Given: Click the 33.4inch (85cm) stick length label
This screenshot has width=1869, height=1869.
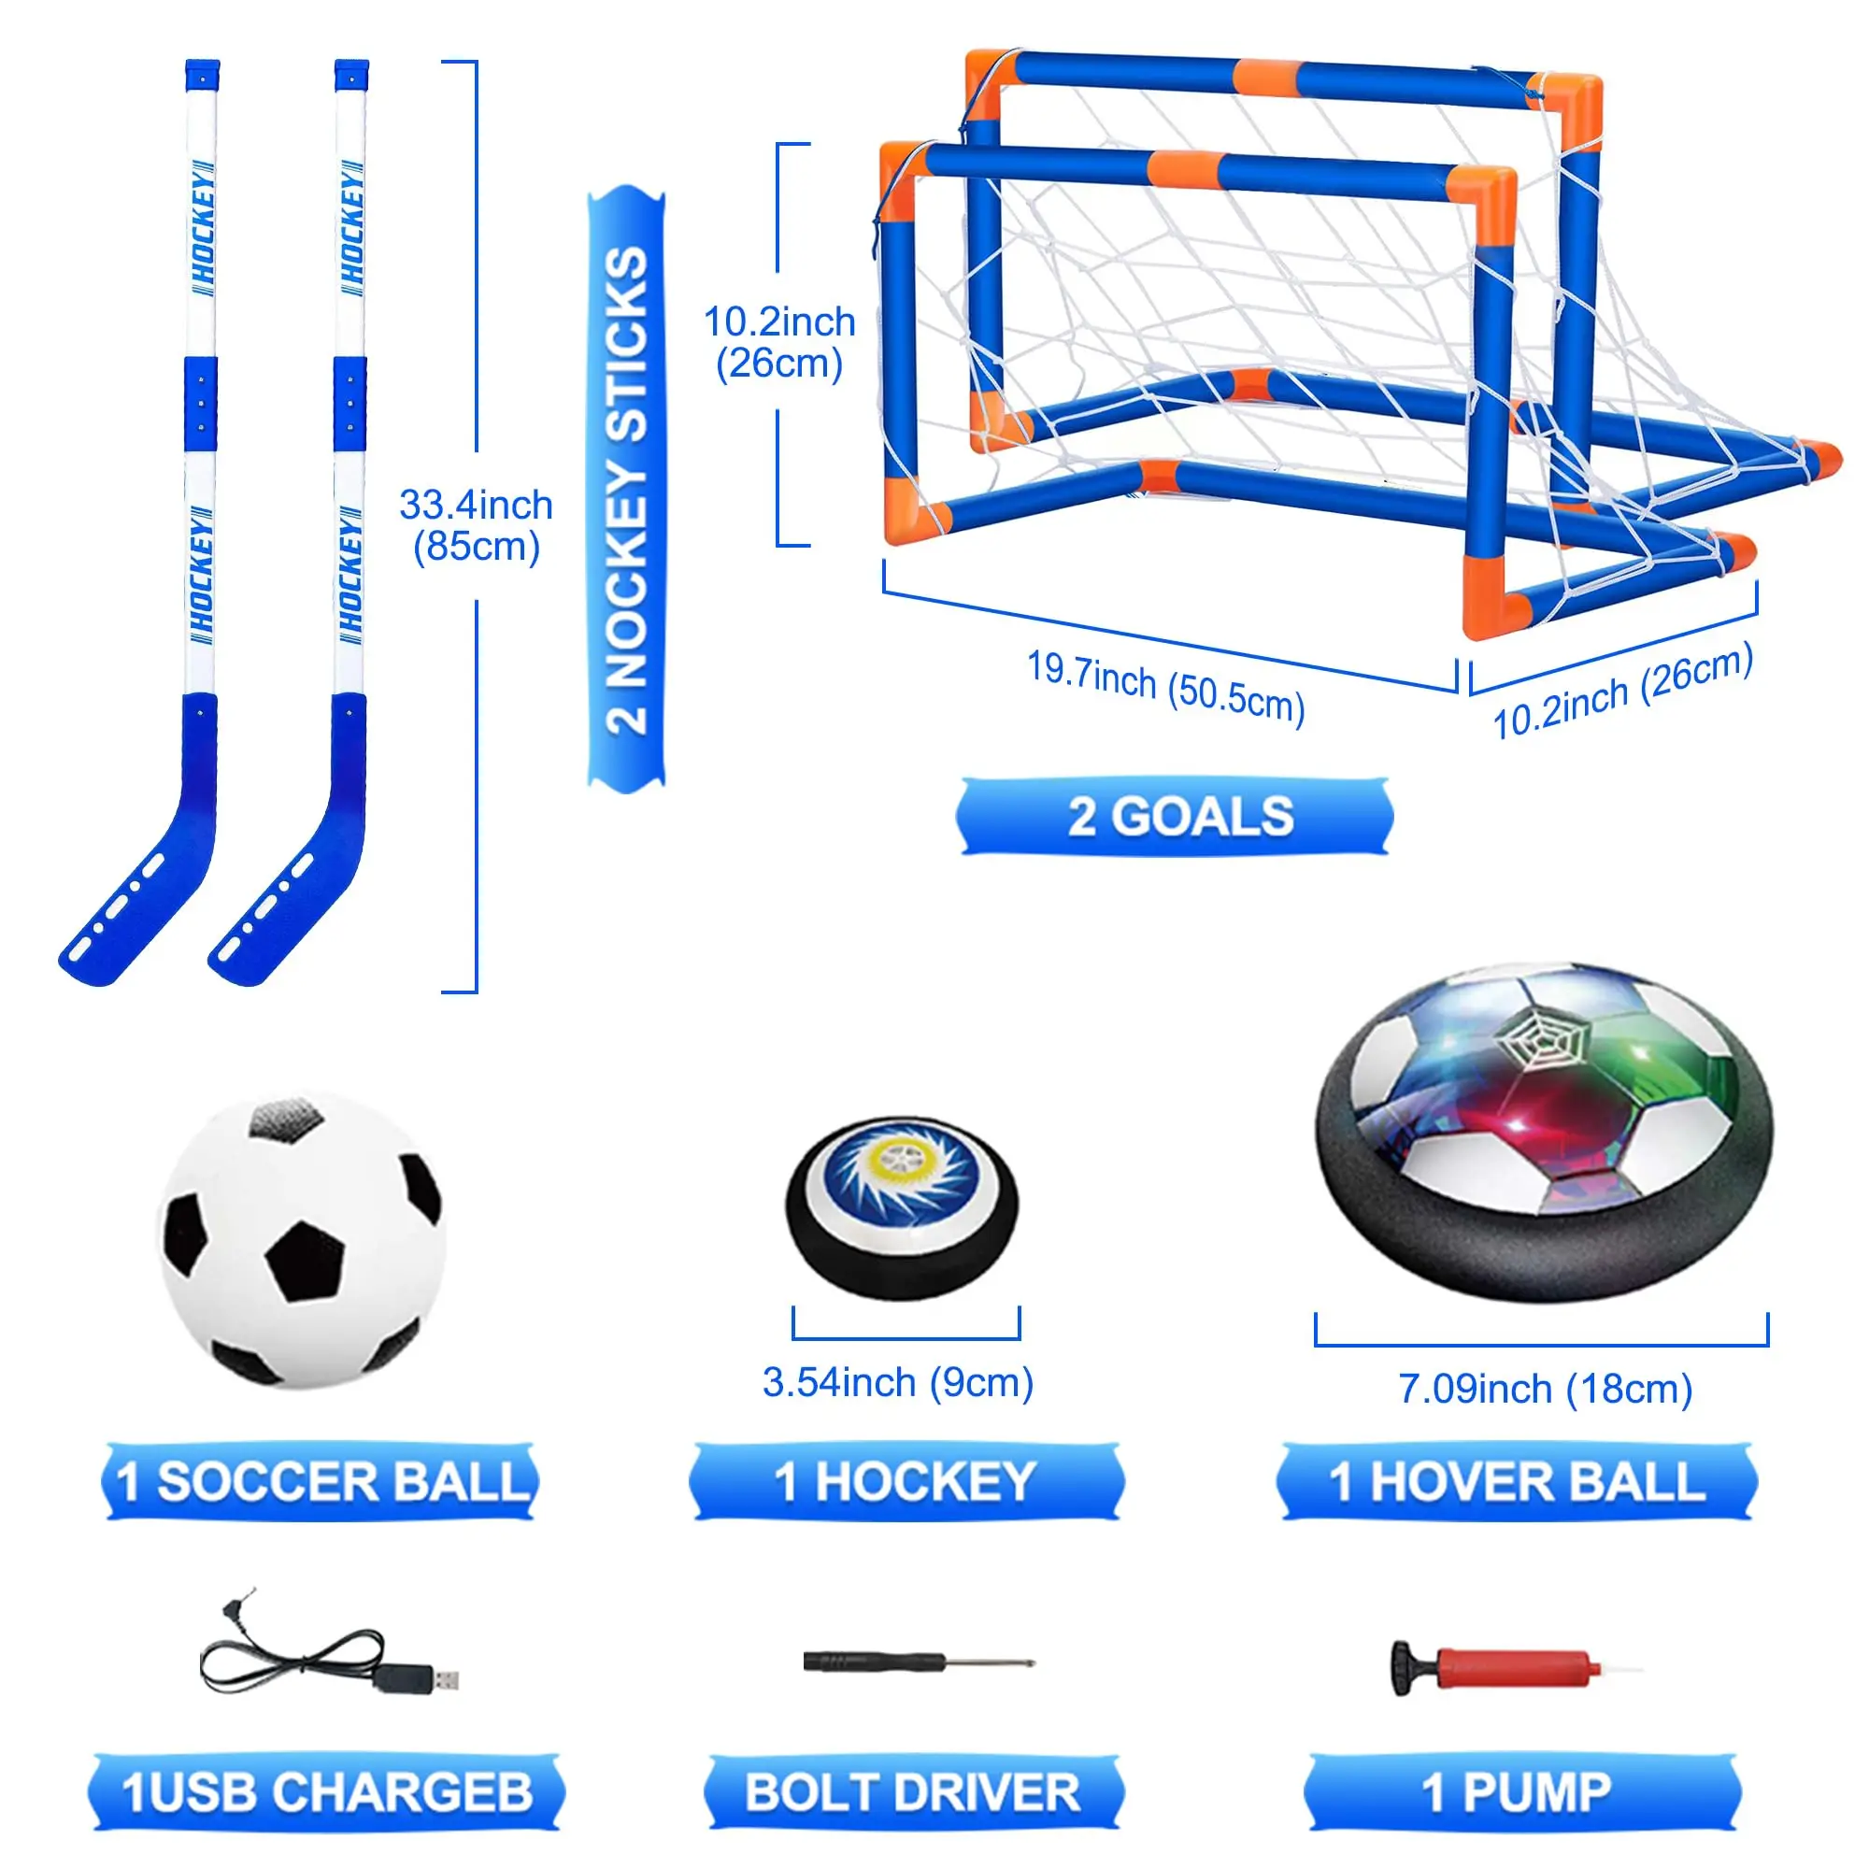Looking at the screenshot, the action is (x=476, y=525).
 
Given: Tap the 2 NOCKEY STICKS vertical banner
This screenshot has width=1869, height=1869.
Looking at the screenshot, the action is (x=627, y=490).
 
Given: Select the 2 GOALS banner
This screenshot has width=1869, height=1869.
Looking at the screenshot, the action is (x=1176, y=817).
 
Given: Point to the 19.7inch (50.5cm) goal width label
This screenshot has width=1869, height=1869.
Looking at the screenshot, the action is (x=1165, y=687).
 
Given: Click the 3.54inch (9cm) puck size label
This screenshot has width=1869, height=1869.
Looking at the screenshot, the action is (x=898, y=1382).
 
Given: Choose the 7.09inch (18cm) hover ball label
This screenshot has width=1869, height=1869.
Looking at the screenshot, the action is (x=1545, y=1390).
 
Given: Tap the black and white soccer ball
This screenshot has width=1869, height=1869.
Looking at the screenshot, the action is (x=301, y=1241).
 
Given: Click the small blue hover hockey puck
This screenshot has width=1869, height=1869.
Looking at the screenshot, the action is (x=902, y=1208).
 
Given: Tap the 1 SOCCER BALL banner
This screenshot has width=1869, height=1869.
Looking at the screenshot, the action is (x=321, y=1481).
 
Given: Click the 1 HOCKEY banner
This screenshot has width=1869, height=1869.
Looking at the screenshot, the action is (x=906, y=1481).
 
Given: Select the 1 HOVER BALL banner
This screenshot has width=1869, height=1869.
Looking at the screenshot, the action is (x=1516, y=1481).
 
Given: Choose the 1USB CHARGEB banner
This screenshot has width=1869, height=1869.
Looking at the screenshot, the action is (x=327, y=1791).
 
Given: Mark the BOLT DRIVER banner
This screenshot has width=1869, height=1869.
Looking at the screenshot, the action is (x=913, y=1791).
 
